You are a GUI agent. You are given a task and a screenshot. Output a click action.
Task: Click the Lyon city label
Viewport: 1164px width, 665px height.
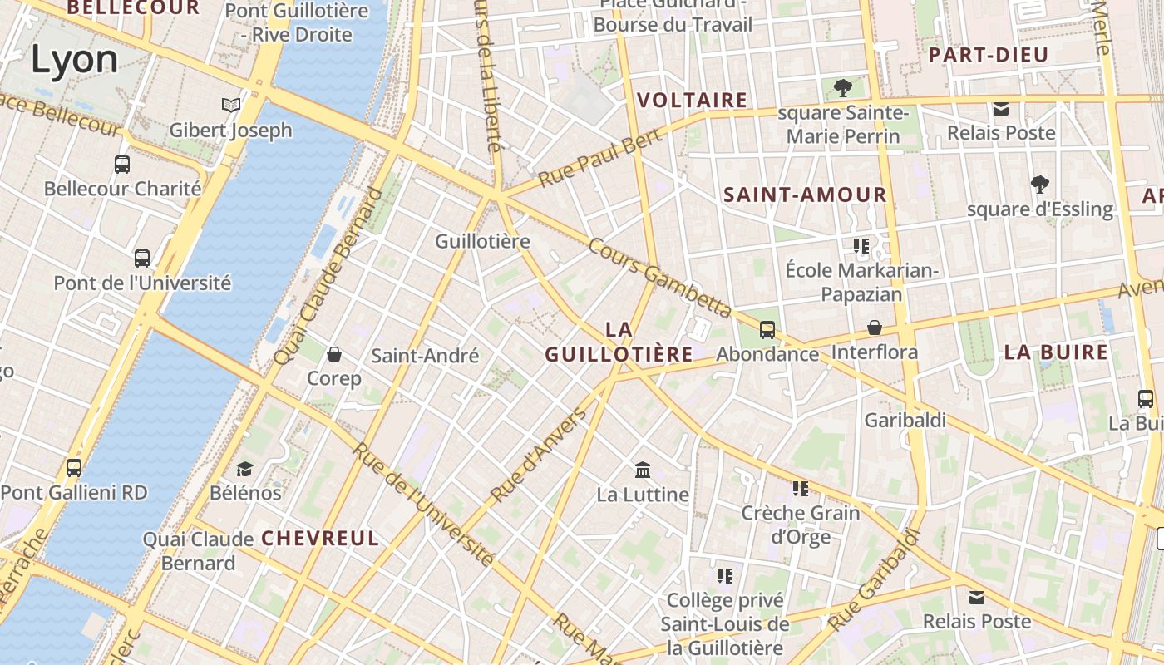point(75,60)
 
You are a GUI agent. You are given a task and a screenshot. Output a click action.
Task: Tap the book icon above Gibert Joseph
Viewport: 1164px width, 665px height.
point(231,106)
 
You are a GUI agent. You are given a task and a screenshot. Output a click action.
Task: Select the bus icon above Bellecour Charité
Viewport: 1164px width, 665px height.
point(122,164)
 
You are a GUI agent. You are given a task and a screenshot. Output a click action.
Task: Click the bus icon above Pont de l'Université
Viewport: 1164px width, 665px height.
point(142,258)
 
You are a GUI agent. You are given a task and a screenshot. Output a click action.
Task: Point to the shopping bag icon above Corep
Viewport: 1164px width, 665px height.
point(334,355)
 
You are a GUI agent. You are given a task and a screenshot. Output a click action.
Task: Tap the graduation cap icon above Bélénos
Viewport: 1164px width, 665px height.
point(244,469)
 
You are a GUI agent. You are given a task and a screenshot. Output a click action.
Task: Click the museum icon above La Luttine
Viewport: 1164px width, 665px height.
point(643,470)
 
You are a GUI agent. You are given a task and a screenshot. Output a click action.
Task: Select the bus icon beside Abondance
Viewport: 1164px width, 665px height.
point(767,330)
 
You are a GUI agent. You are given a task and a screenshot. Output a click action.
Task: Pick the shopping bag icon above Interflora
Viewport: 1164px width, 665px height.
point(875,328)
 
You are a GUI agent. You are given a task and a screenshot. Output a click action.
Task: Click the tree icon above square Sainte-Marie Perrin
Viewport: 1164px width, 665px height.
point(843,87)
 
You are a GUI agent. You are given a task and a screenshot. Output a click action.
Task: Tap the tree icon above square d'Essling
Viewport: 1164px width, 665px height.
point(1039,184)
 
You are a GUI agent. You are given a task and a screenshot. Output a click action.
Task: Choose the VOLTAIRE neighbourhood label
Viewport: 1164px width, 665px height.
point(692,101)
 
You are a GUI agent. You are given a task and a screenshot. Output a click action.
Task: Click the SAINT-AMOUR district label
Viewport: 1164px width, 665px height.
point(805,195)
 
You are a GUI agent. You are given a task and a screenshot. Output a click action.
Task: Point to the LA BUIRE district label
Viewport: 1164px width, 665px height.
point(1056,352)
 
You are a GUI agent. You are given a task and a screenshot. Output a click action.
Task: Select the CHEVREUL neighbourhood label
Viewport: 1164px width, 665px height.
point(320,538)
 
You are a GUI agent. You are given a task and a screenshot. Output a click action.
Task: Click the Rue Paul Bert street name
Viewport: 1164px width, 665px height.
point(599,158)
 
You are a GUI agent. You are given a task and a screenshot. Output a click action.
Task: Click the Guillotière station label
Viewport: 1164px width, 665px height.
point(482,241)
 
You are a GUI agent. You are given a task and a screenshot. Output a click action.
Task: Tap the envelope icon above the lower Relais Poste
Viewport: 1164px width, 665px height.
point(977,597)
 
